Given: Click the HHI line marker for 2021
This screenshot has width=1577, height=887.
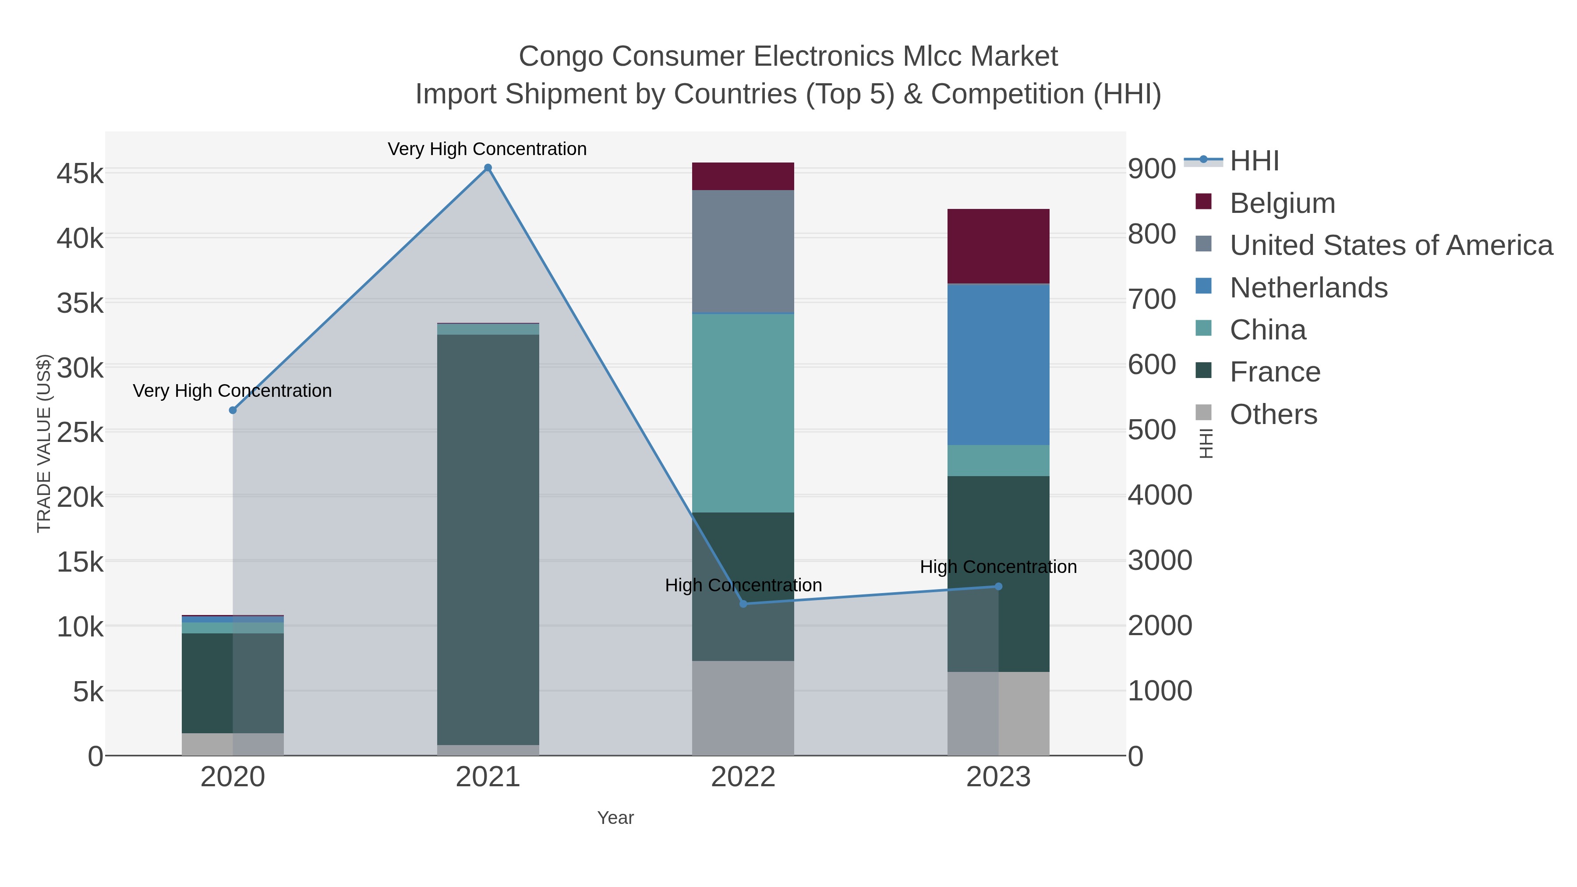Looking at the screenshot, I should pos(488,168).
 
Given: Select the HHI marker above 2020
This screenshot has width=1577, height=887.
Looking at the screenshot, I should pos(233,410).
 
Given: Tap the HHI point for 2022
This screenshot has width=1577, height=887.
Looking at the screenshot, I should pos(743,604).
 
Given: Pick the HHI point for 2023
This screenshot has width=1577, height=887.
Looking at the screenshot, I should pos(998,587).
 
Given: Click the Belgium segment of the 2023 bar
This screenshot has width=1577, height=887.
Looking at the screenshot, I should pos(998,246).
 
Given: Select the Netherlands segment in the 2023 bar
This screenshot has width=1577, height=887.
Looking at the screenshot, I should pos(998,364).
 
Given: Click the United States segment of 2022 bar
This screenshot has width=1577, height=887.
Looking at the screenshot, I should pos(743,251).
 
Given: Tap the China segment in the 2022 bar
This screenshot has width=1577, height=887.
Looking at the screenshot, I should pos(743,413).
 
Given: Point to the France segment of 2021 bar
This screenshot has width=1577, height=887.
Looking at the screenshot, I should pos(488,539).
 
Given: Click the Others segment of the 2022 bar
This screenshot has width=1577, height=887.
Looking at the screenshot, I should pos(743,708).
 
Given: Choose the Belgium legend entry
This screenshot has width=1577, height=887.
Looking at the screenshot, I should pos(1282,203).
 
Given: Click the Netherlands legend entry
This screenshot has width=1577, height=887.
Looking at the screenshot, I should pos(1308,288).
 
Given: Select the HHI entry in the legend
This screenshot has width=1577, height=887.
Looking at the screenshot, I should pos(1254,161).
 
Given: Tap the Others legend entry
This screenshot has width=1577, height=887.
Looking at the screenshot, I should pos(1273,414).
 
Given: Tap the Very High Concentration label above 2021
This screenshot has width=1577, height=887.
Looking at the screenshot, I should pos(487,149).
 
